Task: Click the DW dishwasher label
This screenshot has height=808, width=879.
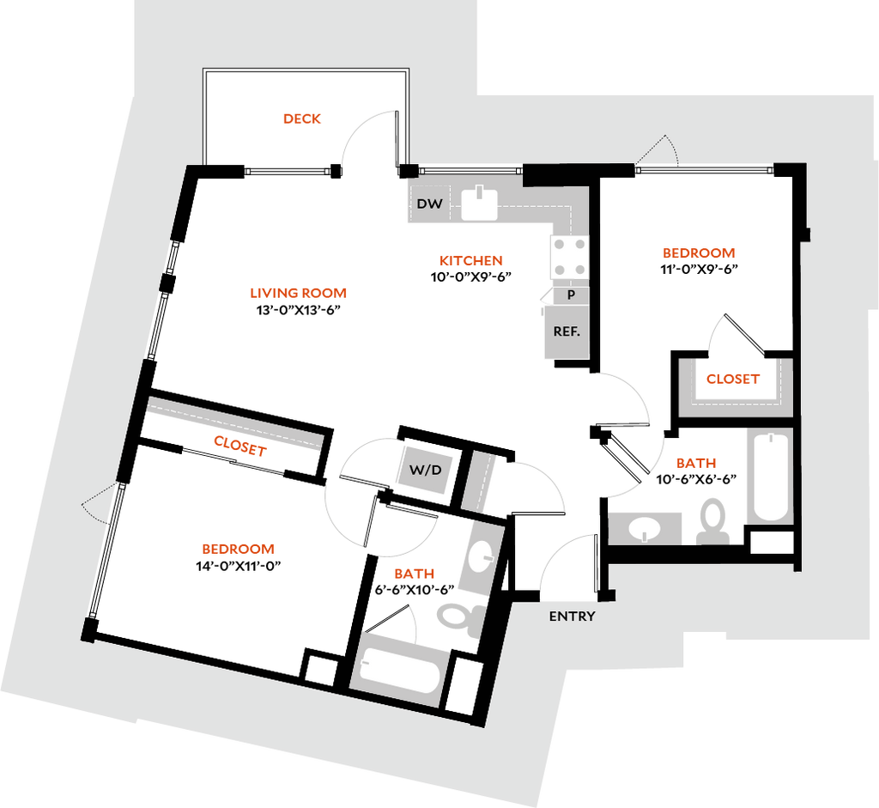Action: point(429,204)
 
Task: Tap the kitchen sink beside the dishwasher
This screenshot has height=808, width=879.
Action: point(479,204)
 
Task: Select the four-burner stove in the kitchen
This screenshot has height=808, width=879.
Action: point(570,257)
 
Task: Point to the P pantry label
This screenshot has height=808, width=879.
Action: point(571,295)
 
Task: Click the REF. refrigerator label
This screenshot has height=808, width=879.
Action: point(567,331)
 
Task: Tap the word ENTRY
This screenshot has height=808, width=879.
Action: point(572,617)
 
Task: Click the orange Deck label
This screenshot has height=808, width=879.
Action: point(302,118)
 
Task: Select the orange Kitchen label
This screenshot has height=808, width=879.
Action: point(470,260)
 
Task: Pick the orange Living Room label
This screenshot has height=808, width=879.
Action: point(298,294)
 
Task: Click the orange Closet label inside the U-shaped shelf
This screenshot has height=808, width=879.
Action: point(732,379)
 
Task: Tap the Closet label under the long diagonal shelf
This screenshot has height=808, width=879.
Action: point(239,445)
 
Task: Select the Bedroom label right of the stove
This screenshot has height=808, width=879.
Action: point(699,254)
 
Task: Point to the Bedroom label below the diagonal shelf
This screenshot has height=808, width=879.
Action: point(238,549)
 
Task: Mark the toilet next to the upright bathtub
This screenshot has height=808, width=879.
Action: point(712,520)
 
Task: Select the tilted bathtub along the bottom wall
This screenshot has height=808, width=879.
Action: point(400,671)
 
